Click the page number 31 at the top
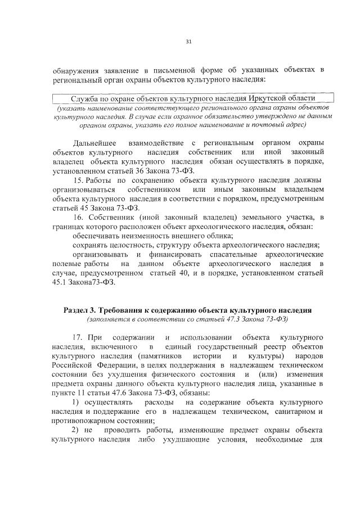point(188,40)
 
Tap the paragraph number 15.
point(79,180)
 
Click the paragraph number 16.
point(79,217)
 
